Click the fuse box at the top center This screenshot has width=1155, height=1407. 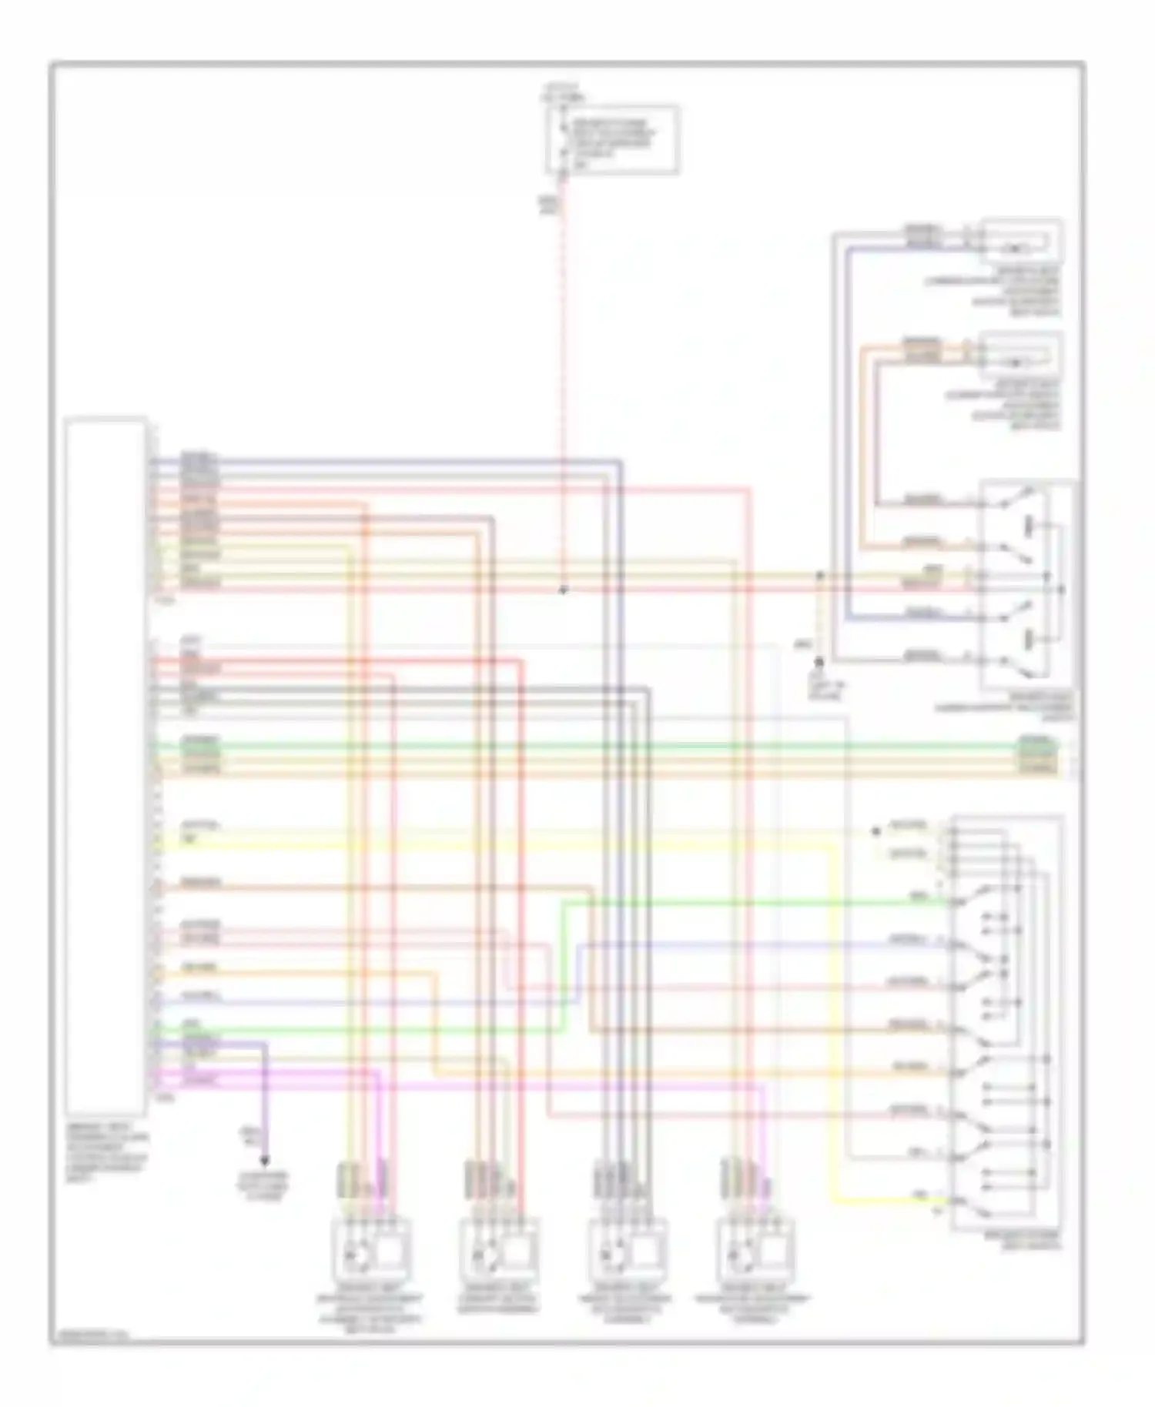tap(613, 140)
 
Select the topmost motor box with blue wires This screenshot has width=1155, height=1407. tap(1020, 241)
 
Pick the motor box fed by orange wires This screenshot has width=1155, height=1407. tap(1020, 355)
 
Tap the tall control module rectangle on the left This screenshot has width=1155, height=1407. tap(105, 766)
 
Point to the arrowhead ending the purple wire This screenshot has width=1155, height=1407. tap(266, 1160)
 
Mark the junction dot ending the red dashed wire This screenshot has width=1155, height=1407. tap(563, 590)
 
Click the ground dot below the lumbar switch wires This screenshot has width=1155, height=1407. tap(819, 662)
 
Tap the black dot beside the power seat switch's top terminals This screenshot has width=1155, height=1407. tap(875, 831)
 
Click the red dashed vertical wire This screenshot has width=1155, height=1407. tap(564, 385)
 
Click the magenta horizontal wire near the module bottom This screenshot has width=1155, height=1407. tap(462, 1085)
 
